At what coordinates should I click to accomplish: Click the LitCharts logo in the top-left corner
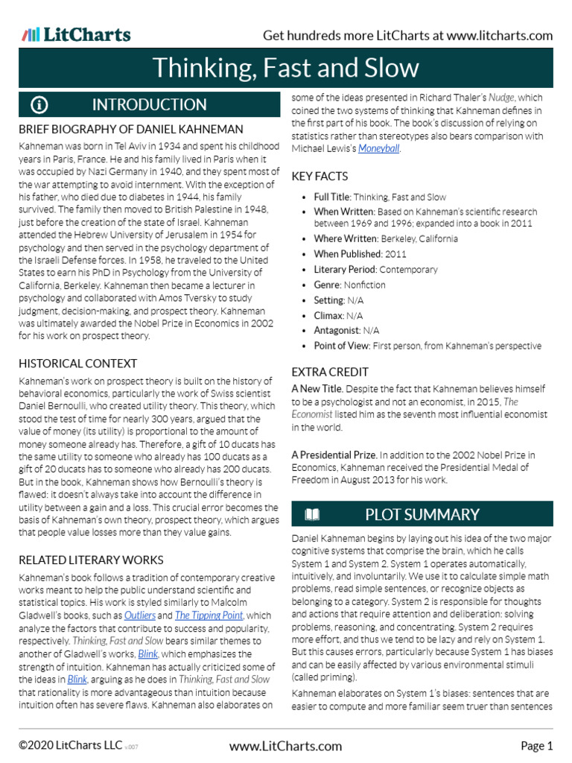point(76,34)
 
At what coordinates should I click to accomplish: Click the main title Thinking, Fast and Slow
point(286,68)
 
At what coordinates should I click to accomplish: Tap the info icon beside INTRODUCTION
point(39,105)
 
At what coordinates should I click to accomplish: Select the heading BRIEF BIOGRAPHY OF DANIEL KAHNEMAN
point(130,130)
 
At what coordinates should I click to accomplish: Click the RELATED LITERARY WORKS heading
point(91,560)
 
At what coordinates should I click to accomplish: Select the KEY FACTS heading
point(320,177)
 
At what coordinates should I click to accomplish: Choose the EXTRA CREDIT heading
point(330,372)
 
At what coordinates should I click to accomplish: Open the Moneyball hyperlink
point(378,149)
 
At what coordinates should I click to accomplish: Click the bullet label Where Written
point(346,238)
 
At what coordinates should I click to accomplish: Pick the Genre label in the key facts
point(329,285)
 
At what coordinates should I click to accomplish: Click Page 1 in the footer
point(536,745)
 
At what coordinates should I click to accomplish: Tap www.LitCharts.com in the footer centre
point(286,745)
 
